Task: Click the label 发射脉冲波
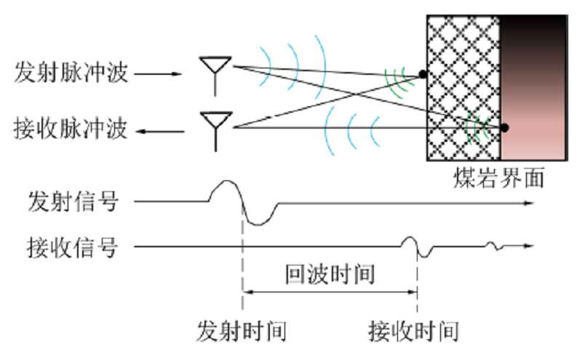click(x=71, y=73)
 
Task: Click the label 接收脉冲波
click(x=71, y=130)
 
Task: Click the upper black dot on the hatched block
click(x=422, y=73)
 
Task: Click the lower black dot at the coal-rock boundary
click(x=503, y=128)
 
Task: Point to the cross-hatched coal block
click(x=463, y=87)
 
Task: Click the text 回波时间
click(x=330, y=275)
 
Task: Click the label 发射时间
click(x=241, y=331)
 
